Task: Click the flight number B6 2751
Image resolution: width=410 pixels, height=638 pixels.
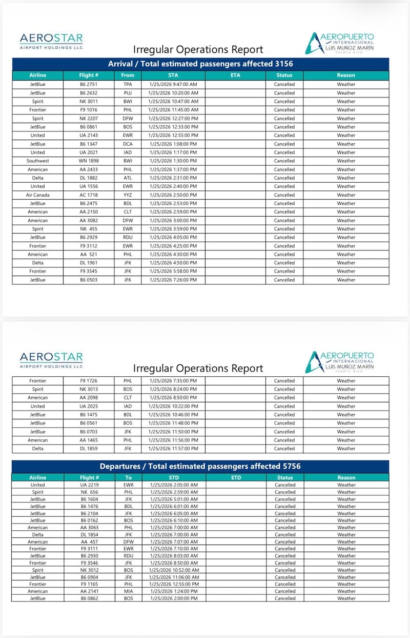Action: point(89,85)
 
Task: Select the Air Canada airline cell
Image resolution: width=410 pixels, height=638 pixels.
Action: point(37,195)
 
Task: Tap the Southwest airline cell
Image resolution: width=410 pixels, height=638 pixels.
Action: point(37,161)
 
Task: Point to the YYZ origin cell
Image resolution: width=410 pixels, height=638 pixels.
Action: point(128,195)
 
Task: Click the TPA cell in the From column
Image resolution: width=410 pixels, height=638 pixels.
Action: point(128,85)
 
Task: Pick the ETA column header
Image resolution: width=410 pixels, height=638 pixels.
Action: point(235,75)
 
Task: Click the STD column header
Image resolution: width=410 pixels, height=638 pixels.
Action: point(173,477)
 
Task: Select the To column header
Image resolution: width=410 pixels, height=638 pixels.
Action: point(128,477)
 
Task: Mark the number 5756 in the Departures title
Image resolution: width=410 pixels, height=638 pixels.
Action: point(290,467)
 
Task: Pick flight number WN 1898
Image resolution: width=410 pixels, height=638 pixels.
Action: point(89,161)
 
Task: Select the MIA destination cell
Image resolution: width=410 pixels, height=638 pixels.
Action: point(128,591)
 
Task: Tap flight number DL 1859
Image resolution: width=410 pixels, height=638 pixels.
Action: point(89,449)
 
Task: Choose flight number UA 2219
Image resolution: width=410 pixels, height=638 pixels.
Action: point(89,485)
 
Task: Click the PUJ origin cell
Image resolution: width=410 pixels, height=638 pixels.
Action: point(128,93)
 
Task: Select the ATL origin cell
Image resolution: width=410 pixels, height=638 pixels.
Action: point(128,178)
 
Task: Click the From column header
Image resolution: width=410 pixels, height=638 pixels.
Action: point(128,75)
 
